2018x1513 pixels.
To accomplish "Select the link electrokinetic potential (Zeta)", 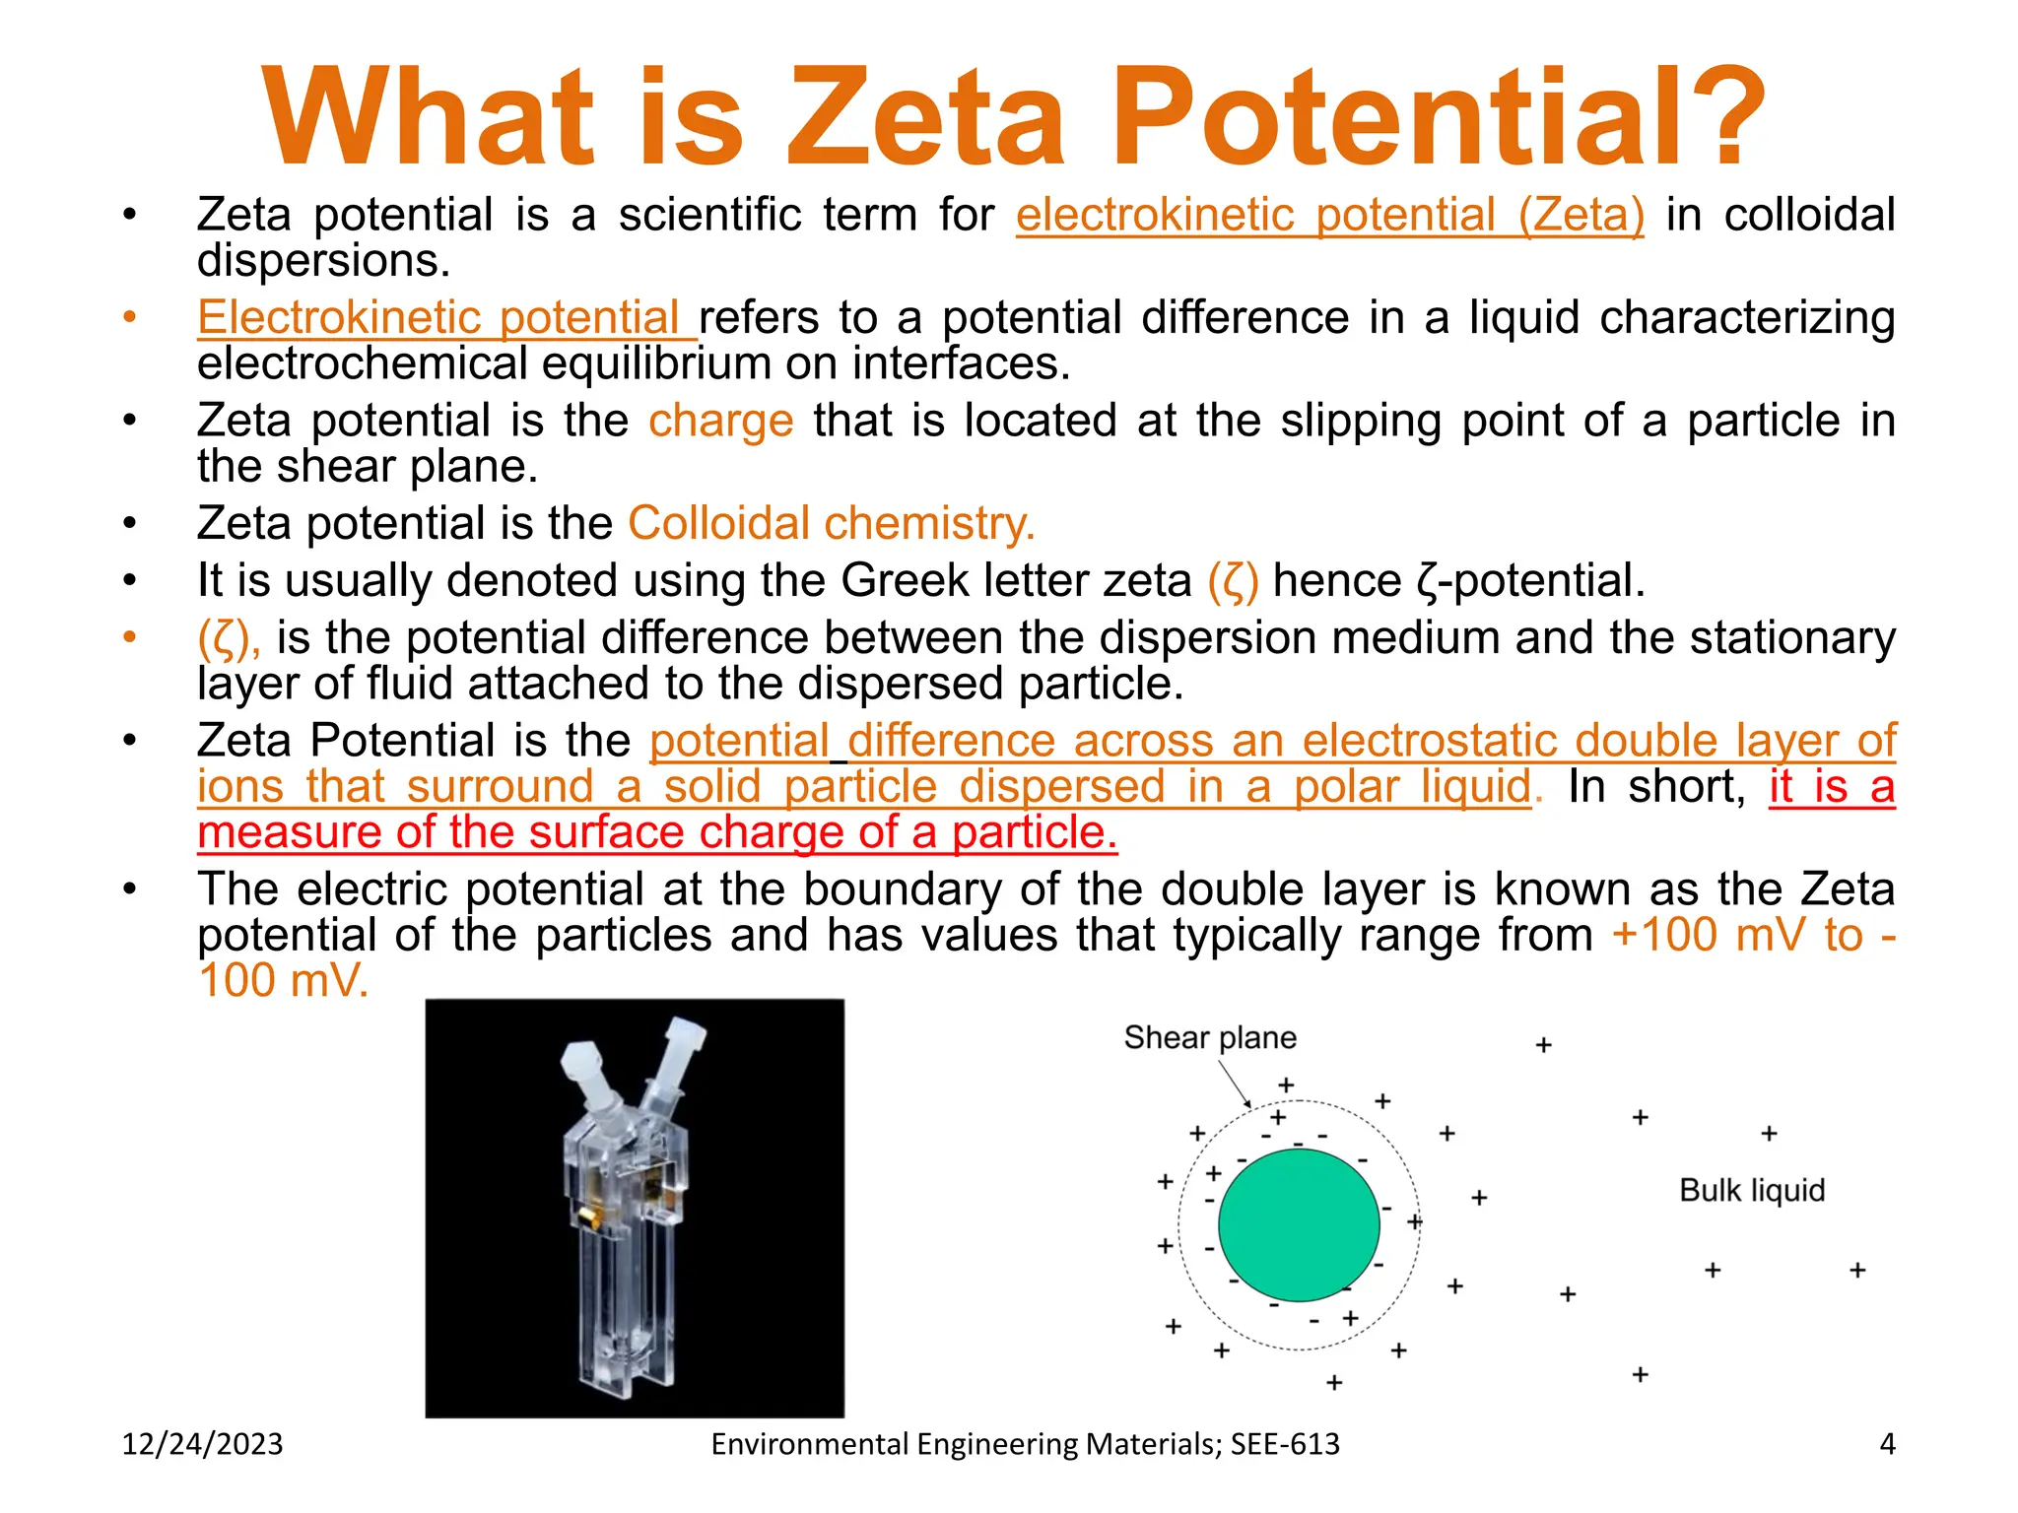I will coord(1330,215).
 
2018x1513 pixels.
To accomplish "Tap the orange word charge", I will coord(720,421).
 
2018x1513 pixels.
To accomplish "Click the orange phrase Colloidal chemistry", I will coord(831,523).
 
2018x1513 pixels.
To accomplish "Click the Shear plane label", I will coord(1209,1037).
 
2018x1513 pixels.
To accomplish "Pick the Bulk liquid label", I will coord(1751,1190).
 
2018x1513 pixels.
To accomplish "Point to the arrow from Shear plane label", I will coord(1235,1084).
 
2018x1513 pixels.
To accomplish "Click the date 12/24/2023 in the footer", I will coord(202,1444).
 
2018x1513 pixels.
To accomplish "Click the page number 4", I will coord(1887,1444).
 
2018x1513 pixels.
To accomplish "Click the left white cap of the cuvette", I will coord(581,1064).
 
